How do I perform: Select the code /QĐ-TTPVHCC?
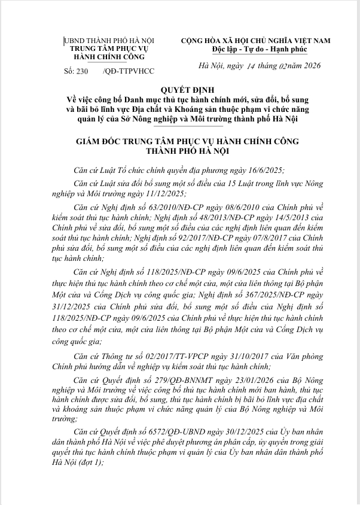[x=129, y=71]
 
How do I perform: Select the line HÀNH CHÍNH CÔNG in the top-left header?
[x=108, y=57]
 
